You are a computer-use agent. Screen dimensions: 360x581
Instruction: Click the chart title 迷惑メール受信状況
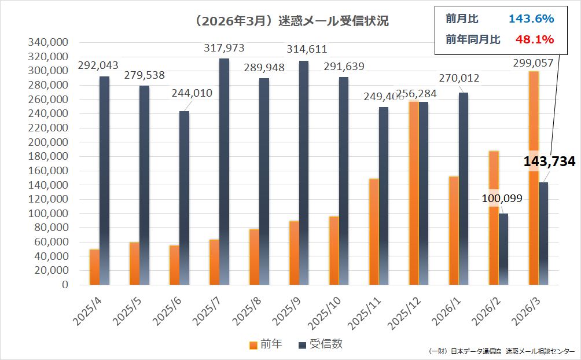pyautogui.click(x=292, y=21)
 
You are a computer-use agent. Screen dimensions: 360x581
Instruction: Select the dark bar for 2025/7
pyautogui.click(x=224, y=171)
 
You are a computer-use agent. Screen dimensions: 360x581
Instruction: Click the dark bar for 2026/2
pyautogui.click(x=503, y=249)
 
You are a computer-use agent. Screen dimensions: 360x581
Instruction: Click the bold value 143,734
pyautogui.click(x=549, y=161)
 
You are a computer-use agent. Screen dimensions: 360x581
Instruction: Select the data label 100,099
pyautogui.click(x=502, y=199)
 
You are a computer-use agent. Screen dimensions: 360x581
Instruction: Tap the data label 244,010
pyautogui.click(x=192, y=93)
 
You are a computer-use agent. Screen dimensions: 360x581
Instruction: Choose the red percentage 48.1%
pyautogui.click(x=534, y=39)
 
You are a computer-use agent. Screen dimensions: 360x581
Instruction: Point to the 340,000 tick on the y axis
pyautogui.click(x=48, y=42)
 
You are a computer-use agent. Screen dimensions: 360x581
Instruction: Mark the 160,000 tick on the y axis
pyautogui.click(x=48, y=171)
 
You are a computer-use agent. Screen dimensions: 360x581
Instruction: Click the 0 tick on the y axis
pyautogui.click(x=64, y=285)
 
